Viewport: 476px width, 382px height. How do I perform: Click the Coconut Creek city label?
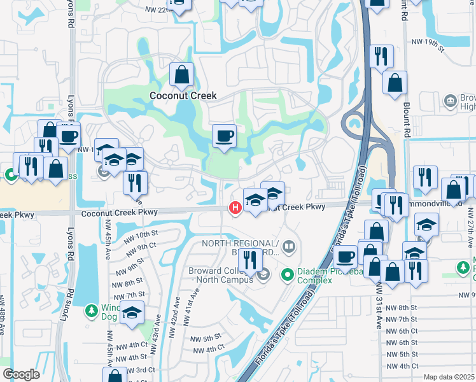[183, 95]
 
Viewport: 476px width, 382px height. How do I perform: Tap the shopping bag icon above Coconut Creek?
[182, 74]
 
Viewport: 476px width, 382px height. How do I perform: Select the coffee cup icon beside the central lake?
[223, 136]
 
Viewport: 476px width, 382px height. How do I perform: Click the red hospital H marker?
[235, 207]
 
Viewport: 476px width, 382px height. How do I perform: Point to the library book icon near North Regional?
[289, 246]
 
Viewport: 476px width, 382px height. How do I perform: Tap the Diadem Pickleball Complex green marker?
[288, 274]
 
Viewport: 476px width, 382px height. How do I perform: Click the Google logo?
[22, 374]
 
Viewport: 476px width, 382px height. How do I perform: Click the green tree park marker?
[92, 311]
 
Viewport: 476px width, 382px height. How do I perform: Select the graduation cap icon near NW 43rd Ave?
[132, 313]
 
